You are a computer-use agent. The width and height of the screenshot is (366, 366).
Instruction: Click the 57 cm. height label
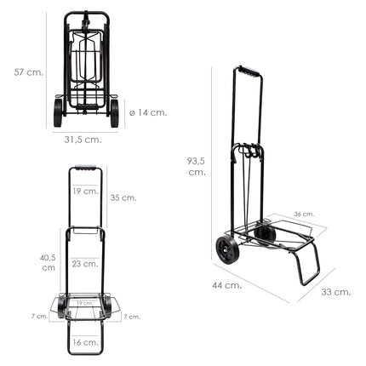click(x=22, y=73)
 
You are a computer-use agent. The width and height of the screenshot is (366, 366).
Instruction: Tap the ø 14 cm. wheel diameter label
click(x=148, y=112)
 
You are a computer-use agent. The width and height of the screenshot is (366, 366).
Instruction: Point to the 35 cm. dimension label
click(x=123, y=197)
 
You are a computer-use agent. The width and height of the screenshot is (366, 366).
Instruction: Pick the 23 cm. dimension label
click(x=83, y=264)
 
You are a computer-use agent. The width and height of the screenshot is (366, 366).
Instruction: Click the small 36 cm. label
click(x=304, y=214)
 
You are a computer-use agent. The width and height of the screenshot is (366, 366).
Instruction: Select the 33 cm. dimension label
click(x=336, y=292)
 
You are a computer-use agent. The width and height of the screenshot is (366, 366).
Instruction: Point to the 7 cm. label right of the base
click(x=131, y=317)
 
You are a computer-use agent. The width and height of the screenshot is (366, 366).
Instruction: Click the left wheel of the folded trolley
click(x=59, y=113)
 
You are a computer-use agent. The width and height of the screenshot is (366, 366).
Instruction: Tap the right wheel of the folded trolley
click(x=114, y=113)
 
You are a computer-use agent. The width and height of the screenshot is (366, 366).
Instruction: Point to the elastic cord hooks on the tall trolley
click(x=246, y=153)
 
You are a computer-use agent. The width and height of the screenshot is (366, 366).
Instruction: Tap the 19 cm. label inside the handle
click(x=83, y=192)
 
